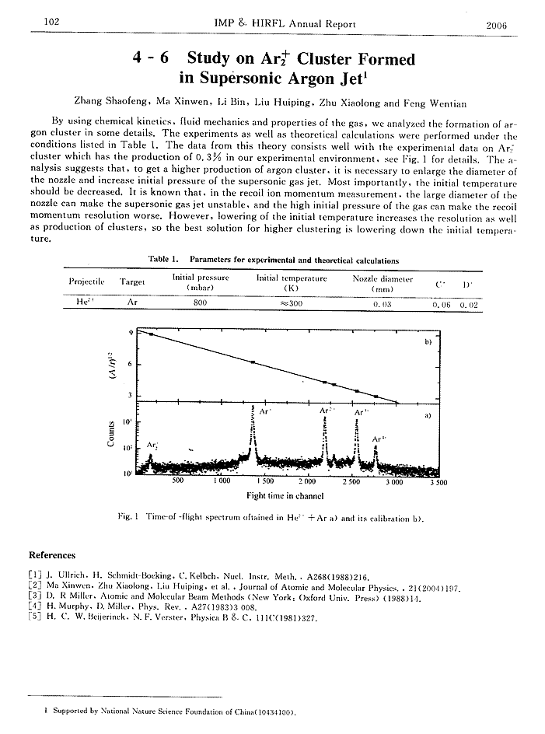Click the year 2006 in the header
pyautogui.click(x=496, y=24)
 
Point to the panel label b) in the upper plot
pyautogui.click(x=426, y=341)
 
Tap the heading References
pyautogui.click(x=52, y=555)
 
